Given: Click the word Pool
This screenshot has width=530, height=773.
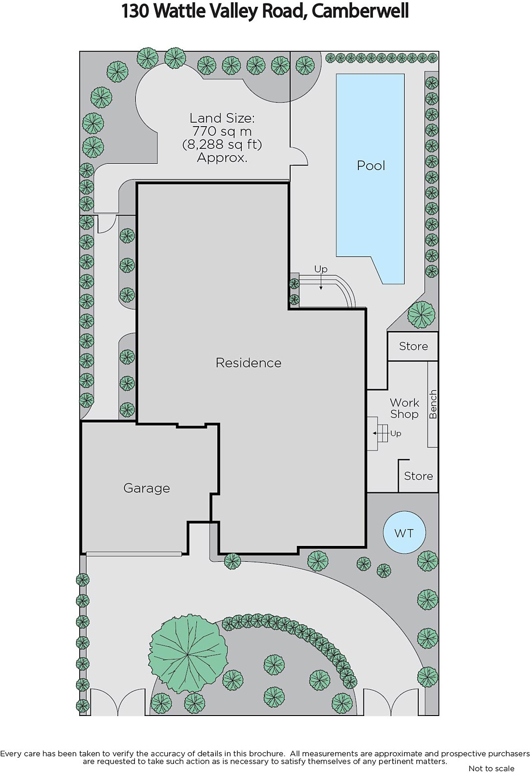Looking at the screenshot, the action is point(371,166).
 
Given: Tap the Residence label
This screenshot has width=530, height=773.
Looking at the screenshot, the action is point(249,363).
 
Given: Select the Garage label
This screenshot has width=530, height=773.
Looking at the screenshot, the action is point(147,488).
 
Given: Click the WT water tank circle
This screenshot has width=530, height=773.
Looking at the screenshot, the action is point(404,533).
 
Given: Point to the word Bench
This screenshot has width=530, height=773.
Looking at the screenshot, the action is point(433,404).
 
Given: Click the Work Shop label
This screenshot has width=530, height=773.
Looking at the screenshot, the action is point(404,408).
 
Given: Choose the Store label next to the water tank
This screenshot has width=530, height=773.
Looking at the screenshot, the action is point(418,476).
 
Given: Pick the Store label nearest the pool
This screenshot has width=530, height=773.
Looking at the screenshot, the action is point(413,346).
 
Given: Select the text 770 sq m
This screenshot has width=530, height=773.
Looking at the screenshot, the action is point(222,131).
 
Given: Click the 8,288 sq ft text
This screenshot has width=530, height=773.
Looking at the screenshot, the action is point(222,144).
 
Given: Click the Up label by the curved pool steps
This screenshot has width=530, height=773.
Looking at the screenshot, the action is point(321,269).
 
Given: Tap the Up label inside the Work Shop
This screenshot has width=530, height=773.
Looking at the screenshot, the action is point(396,433).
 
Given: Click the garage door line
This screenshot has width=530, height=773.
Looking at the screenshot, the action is point(134,554).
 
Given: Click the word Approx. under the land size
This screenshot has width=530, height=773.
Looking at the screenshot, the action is point(222,157).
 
